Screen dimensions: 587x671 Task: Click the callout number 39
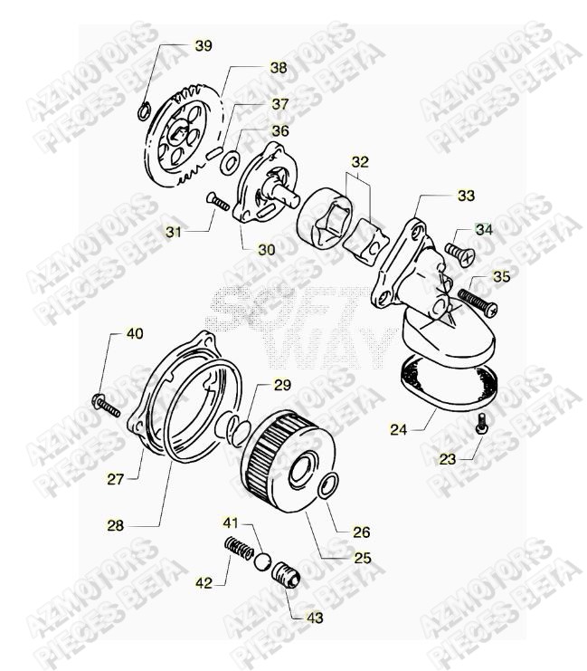[204, 46]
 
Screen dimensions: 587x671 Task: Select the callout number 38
[279, 68]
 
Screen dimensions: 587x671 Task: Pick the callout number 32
[360, 162]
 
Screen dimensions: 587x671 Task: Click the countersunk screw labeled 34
[460, 253]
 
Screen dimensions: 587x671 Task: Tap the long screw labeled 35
[478, 302]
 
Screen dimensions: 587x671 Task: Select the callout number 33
[466, 196]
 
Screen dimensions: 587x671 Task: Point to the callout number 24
[398, 429]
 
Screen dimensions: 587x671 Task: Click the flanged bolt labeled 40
[106, 406]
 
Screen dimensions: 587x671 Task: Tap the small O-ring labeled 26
[329, 486]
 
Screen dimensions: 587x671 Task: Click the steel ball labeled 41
[261, 562]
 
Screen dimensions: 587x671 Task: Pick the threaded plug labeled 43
[287, 575]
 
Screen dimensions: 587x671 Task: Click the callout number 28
[115, 525]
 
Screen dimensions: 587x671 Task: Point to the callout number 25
[362, 558]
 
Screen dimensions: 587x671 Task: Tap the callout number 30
[266, 250]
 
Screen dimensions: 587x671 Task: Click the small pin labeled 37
[213, 153]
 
